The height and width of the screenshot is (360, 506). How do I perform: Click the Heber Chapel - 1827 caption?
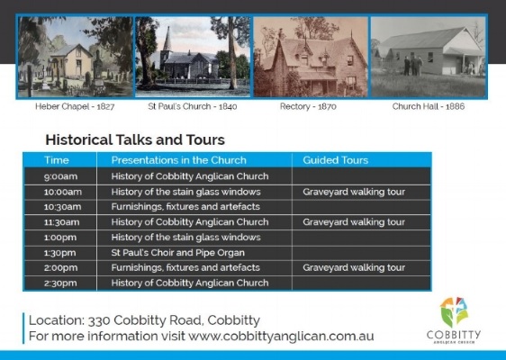[76, 106]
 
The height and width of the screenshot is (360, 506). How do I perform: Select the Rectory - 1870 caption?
[310, 106]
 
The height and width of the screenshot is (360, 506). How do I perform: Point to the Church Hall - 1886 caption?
[428, 106]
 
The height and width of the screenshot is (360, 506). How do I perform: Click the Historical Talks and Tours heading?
[135, 140]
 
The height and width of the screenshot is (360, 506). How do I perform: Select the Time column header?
[57, 160]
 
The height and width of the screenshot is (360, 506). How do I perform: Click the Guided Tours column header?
[335, 160]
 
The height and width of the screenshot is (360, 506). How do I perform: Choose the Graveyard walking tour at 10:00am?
[354, 192]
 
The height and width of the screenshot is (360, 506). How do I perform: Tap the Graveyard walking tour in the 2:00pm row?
[354, 268]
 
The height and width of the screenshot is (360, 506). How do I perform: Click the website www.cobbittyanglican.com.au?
[281, 337]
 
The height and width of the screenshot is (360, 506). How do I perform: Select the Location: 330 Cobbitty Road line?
[145, 320]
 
